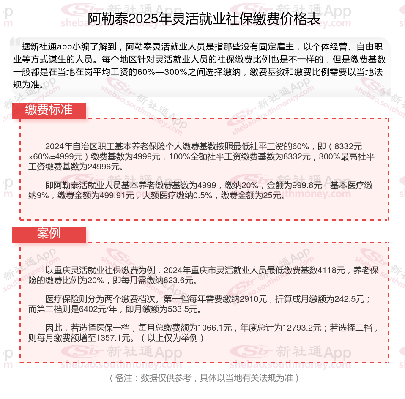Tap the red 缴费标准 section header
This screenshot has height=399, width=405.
(49, 110)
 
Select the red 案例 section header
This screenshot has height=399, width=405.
(49, 234)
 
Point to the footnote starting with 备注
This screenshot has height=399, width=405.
(202, 378)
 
